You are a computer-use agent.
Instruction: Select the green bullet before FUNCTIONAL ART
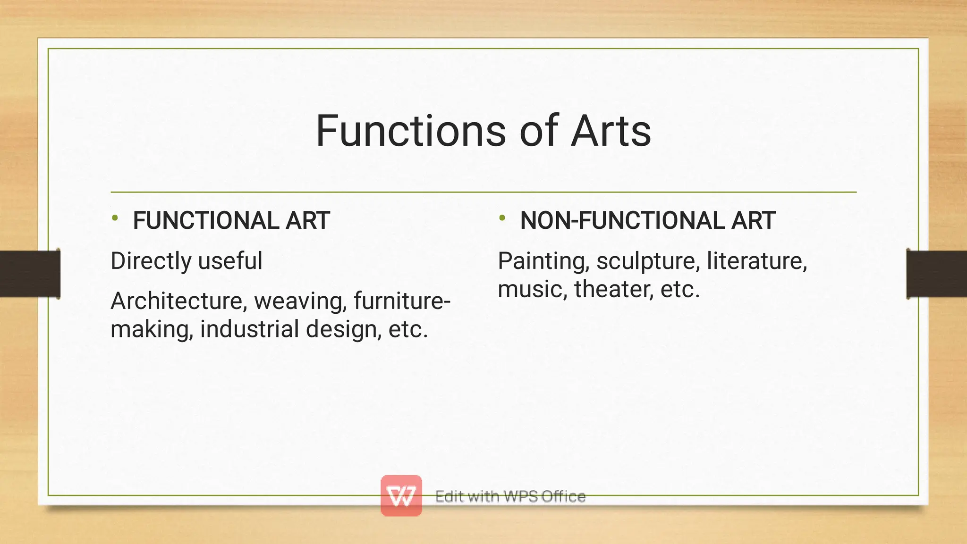pyautogui.click(x=115, y=218)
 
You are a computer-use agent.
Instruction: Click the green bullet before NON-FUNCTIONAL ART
pyautogui.click(x=502, y=218)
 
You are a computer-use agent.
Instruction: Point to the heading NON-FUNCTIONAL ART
pyautogui.click(x=647, y=220)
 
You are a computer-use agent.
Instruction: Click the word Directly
pyautogui.click(x=151, y=261)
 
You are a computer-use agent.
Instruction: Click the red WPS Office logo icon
pyautogui.click(x=401, y=495)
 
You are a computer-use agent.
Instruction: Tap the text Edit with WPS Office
pyautogui.click(x=510, y=496)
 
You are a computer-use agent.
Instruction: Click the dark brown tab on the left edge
pyautogui.click(x=30, y=274)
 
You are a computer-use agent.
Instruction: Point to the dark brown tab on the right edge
pyautogui.click(x=937, y=274)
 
